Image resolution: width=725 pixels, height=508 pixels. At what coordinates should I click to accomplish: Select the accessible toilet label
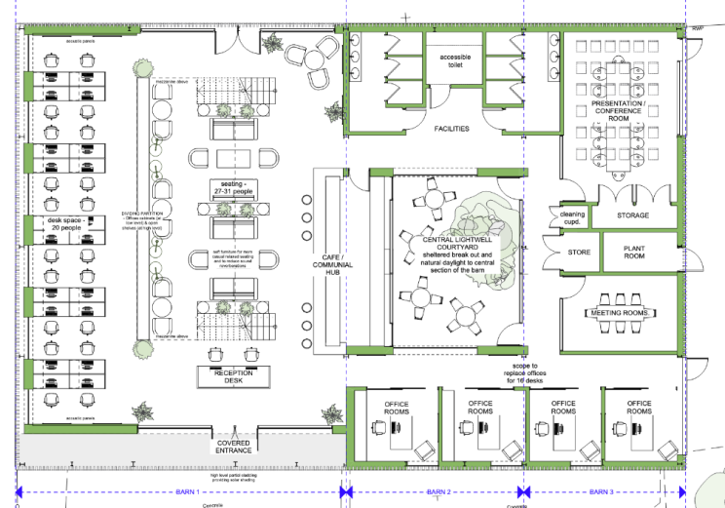point(454,62)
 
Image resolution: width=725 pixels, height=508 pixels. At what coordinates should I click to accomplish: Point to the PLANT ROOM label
point(634,253)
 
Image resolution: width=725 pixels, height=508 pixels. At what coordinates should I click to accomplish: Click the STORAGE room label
point(633,215)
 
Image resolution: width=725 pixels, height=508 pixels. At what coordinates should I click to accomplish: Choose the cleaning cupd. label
point(570,216)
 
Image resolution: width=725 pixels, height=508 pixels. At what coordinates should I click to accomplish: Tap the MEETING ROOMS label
point(621,313)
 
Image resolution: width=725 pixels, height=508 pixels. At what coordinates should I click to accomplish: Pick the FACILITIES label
point(451,129)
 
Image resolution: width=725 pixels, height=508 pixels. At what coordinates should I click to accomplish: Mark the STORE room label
point(579,253)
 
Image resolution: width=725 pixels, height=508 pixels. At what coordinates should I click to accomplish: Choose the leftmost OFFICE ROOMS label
point(398,408)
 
